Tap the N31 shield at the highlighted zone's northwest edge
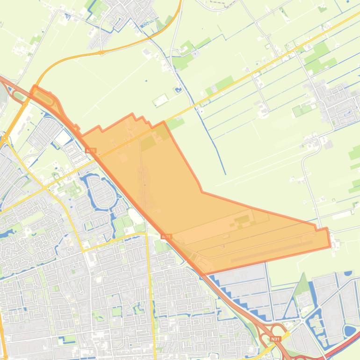point(91,151)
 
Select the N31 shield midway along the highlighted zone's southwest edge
point(166,237)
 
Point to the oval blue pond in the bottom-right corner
point(349,331)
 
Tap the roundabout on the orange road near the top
point(101,52)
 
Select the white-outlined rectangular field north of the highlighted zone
point(160,100)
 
